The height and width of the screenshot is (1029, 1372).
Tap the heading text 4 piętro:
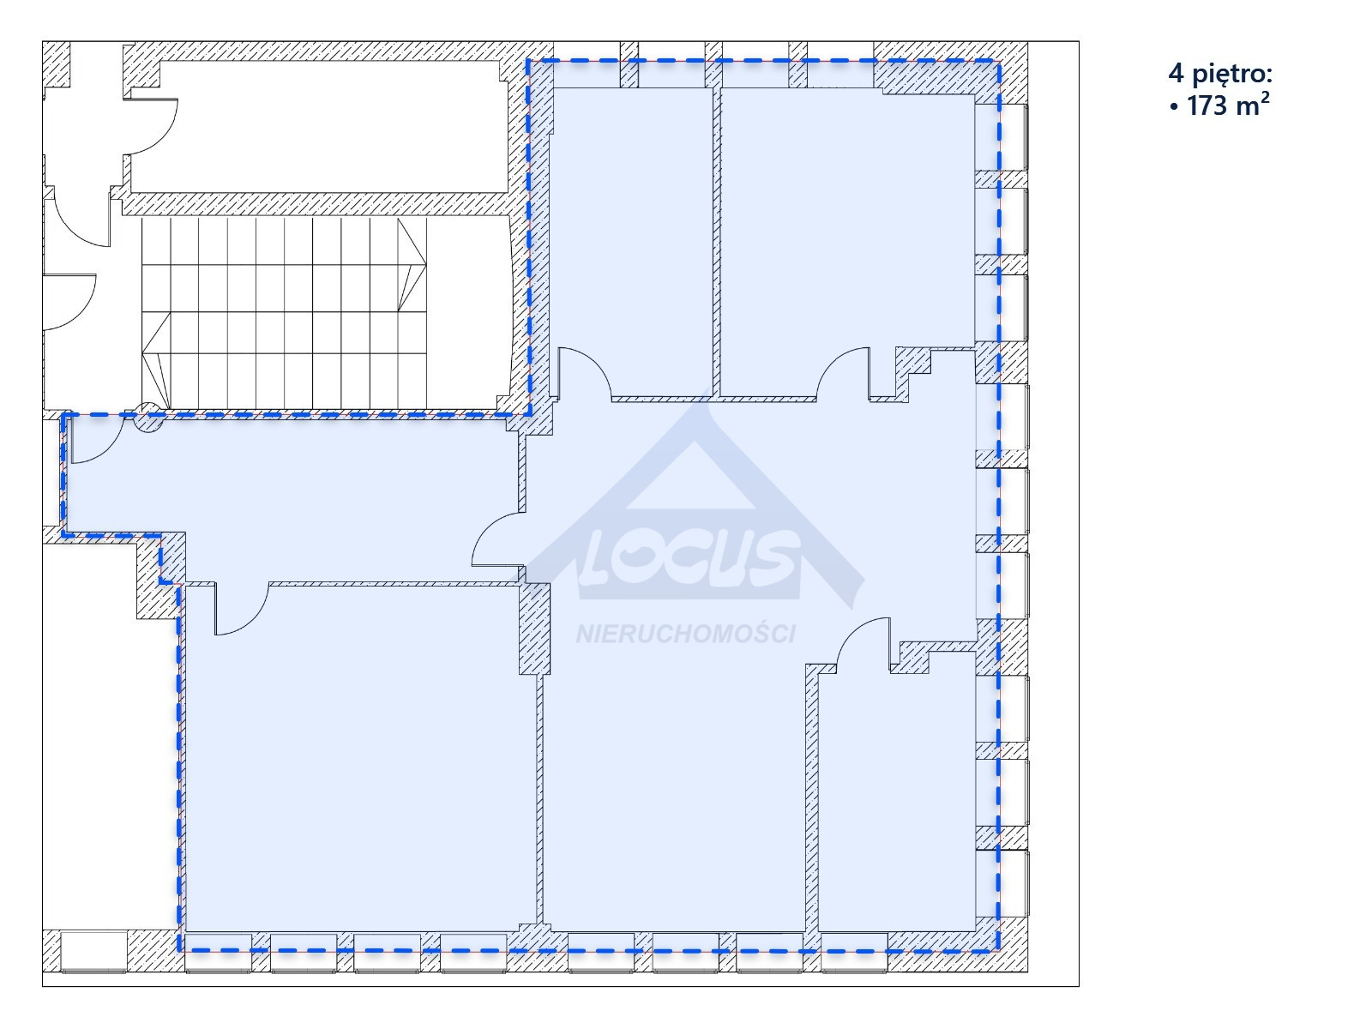click(x=1220, y=75)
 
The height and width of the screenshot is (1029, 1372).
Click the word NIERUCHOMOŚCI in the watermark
click(x=686, y=635)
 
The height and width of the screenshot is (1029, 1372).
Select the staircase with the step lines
click(x=285, y=313)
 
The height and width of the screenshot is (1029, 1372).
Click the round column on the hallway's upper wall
click(x=148, y=418)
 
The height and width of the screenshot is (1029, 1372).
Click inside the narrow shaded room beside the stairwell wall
click(x=632, y=241)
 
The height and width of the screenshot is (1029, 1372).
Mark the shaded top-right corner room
click(x=847, y=241)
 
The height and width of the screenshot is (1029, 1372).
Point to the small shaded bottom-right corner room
click(x=896, y=801)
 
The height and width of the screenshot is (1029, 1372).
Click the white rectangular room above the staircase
click(x=319, y=127)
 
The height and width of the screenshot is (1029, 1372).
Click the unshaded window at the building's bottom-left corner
click(x=93, y=952)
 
